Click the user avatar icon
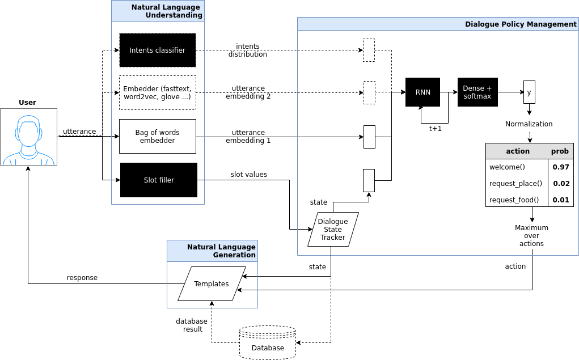pos(28,137)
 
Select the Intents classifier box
pos(158,50)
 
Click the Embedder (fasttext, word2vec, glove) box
pos(158,93)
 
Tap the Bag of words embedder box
pos(158,137)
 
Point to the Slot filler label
pos(159,180)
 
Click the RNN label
pos(423,92)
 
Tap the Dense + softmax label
pos(477,92)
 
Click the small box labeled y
pos(529,92)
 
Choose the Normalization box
pos(529,124)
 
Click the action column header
pos(517,151)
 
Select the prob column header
pos(560,151)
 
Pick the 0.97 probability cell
pos(561,167)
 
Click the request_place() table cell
pos(515,184)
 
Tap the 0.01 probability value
pos(561,200)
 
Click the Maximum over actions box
pos(531,235)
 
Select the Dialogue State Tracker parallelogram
pos(333,230)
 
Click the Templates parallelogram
pos(212,284)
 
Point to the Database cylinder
pos(268,343)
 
